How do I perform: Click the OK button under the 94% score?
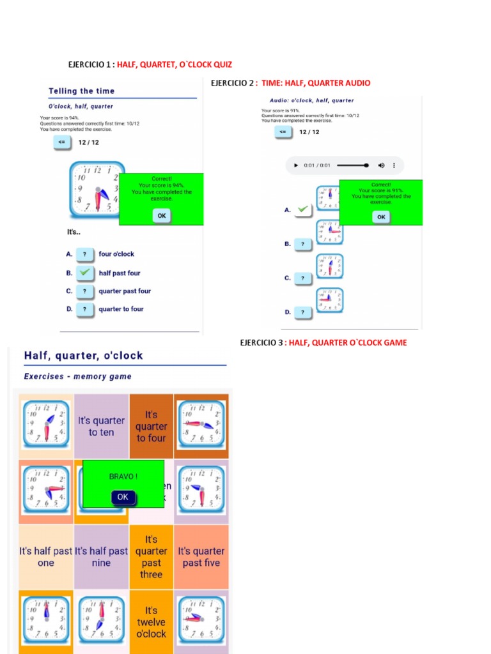pyautogui.click(x=162, y=216)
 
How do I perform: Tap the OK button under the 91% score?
pyautogui.click(x=381, y=217)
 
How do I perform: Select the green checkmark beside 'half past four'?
pyautogui.click(x=84, y=273)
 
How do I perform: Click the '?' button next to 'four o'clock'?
pyautogui.click(x=84, y=254)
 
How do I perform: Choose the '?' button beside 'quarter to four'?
pyautogui.click(x=84, y=310)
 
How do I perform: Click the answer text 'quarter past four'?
pyautogui.click(x=125, y=291)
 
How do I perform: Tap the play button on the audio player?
pyautogui.click(x=296, y=165)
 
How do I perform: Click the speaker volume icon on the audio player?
pyautogui.click(x=382, y=165)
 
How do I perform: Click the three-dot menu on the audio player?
pyautogui.click(x=395, y=165)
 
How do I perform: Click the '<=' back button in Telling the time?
pyautogui.click(x=62, y=142)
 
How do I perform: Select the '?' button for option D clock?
pyautogui.click(x=303, y=312)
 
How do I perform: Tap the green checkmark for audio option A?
pyautogui.click(x=303, y=209)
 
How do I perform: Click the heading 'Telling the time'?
pyautogui.click(x=81, y=91)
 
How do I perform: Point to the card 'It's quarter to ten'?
pyautogui.click(x=101, y=427)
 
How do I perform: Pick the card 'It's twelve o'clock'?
pyautogui.click(x=151, y=622)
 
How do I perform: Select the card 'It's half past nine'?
pyautogui.click(x=101, y=557)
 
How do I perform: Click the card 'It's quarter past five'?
pyautogui.click(x=201, y=557)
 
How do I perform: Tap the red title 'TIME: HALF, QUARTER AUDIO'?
pyautogui.click(x=316, y=83)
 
